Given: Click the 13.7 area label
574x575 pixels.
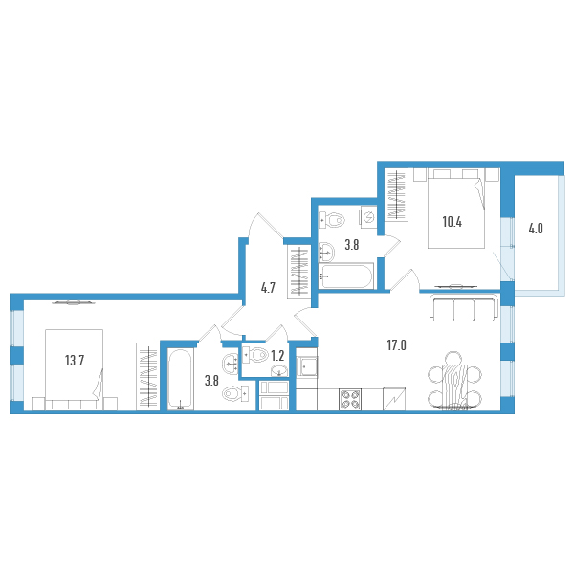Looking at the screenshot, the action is [75, 361].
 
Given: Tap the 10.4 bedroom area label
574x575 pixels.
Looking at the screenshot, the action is [453, 222].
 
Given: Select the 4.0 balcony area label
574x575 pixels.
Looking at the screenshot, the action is [536, 229].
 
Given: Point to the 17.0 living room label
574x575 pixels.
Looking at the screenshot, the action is [396, 345].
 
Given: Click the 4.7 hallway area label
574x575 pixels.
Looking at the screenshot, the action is [268, 288].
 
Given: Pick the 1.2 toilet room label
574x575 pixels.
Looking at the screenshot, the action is [277, 355].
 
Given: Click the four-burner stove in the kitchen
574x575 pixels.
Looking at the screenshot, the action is [350, 399].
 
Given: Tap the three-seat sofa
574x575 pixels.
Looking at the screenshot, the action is [464, 308].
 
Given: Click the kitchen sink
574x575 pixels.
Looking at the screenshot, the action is [307, 366].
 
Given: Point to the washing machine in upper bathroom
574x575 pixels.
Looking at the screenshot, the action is [368, 217].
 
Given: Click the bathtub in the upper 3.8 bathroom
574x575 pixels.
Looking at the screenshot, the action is [346, 276].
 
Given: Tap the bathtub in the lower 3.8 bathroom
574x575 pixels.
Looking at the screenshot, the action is [180, 379].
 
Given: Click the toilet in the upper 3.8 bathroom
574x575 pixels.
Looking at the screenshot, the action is [332, 221].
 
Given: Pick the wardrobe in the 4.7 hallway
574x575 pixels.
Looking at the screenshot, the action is [298, 271].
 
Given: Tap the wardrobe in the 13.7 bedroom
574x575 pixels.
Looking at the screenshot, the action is [148, 376].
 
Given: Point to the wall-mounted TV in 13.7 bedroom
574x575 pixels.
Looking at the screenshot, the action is [73, 302].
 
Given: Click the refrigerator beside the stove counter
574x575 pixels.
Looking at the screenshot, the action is [394, 399].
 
